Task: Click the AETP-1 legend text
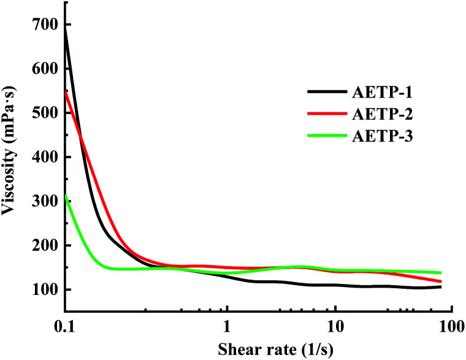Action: (x=383, y=93)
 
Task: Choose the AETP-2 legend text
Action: (x=383, y=115)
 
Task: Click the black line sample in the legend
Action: (x=327, y=93)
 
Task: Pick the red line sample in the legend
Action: (x=327, y=115)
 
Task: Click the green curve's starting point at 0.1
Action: (x=65, y=195)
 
